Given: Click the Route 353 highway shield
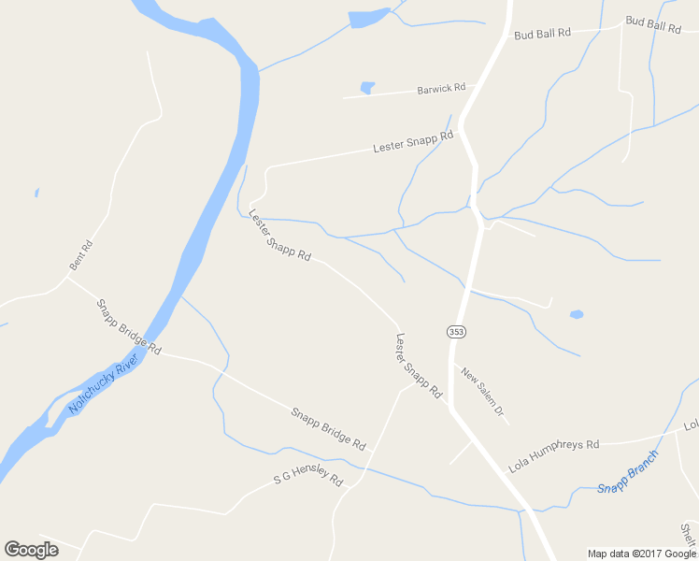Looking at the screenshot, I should click(x=455, y=332).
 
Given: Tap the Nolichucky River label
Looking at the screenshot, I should click(x=103, y=384).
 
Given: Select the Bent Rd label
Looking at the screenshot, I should click(x=81, y=256).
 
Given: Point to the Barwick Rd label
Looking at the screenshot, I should click(x=441, y=89).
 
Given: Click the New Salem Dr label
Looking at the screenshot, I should click(x=482, y=391).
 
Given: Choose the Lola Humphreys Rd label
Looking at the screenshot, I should click(x=553, y=453).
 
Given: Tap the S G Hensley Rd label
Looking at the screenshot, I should click(x=308, y=477).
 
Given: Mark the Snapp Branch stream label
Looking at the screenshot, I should click(x=628, y=472).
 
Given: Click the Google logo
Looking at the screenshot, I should click(x=31, y=550).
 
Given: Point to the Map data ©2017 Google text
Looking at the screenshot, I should click(x=642, y=554).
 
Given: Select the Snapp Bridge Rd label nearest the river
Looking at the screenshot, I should click(x=129, y=326).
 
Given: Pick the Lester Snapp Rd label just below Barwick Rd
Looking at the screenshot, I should click(x=412, y=142).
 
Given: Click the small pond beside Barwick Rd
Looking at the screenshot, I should click(x=367, y=89).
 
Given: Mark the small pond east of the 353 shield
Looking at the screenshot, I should click(x=577, y=314).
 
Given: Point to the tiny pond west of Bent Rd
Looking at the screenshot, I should click(x=36, y=193).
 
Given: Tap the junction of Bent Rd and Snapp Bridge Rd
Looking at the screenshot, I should click(x=67, y=276).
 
